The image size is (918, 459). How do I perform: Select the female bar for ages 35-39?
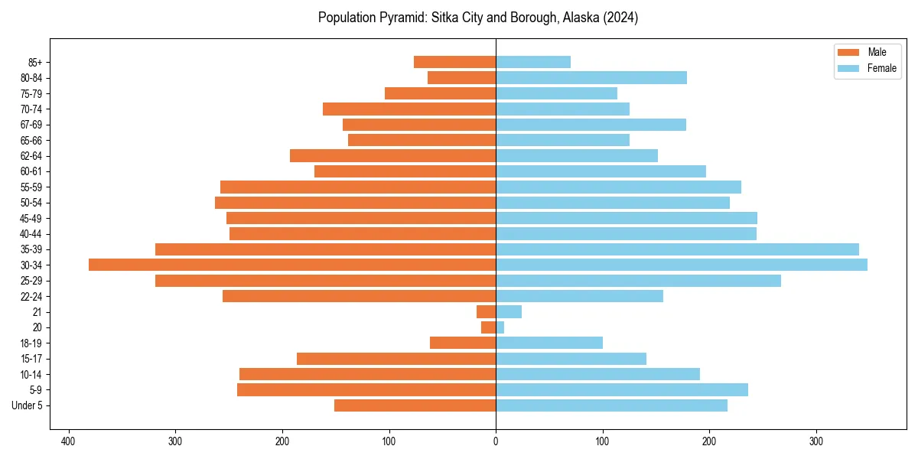point(677,249)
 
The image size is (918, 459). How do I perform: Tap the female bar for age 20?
point(500,327)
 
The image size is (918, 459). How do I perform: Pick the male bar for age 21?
point(487,312)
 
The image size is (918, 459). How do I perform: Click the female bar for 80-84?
point(591,77)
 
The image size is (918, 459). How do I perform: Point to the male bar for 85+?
point(455,62)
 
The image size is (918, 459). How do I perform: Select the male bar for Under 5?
point(415,405)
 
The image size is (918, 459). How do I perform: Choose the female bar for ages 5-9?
point(622,390)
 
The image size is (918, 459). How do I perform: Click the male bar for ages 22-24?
point(360,296)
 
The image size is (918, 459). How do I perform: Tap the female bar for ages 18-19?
point(549,343)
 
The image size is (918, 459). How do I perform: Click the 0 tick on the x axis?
point(496,441)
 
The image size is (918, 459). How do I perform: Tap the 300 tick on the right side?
point(816,441)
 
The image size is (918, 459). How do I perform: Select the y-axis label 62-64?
point(31,156)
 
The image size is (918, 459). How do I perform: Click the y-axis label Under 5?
point(28,405)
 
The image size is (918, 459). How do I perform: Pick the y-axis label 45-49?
point(31,218)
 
